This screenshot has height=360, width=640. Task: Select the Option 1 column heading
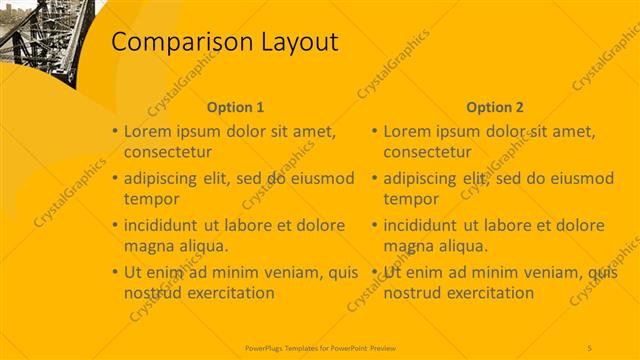(235, 107)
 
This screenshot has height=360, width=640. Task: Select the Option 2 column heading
(494, 107)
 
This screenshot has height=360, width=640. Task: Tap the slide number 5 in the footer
(590, 347)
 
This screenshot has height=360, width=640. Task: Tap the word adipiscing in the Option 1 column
(166, 179)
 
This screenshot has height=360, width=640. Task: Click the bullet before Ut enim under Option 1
(115, 272)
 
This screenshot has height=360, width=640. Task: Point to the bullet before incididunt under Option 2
(374, 225)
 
